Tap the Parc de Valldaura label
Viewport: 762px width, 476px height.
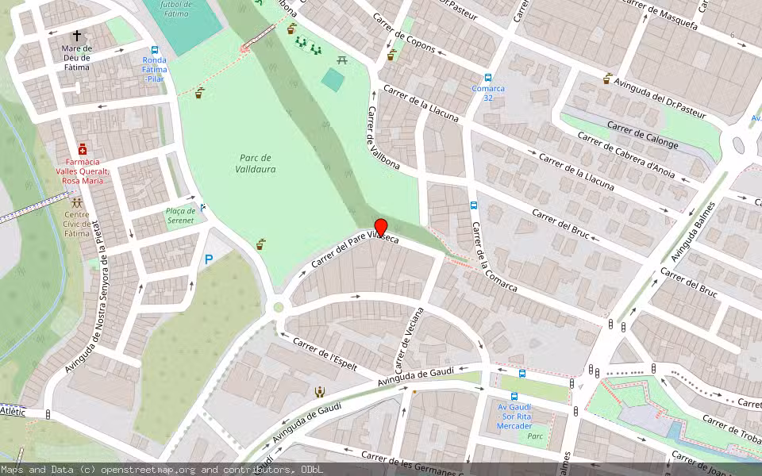(x=256, y=163)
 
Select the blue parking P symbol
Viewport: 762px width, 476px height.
(x=209, y=259)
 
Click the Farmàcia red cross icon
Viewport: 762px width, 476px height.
(x=83, y=149)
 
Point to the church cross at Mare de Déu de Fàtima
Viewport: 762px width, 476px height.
(x=77, y=36)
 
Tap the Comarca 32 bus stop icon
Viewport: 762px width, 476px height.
(x=488, y=78)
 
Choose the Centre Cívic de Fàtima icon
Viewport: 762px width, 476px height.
(x=77, y=202)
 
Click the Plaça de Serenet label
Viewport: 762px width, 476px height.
(x=179, y=215)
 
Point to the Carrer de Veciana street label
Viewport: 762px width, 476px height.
(x=410, y=341)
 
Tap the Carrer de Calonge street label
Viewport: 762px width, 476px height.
(x=643, y=135)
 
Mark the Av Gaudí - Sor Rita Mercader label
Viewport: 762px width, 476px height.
(x=514, y=416)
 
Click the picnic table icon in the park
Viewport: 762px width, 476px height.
(x=343, y=60)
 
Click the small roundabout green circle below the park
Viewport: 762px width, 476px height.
(x=279, y=307)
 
